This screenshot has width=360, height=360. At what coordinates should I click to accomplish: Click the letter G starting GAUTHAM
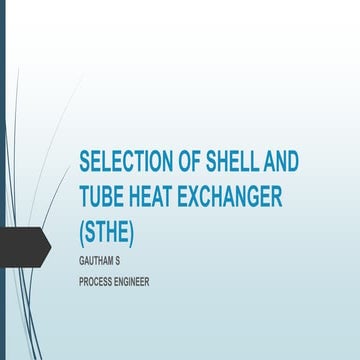pos(81,259)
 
